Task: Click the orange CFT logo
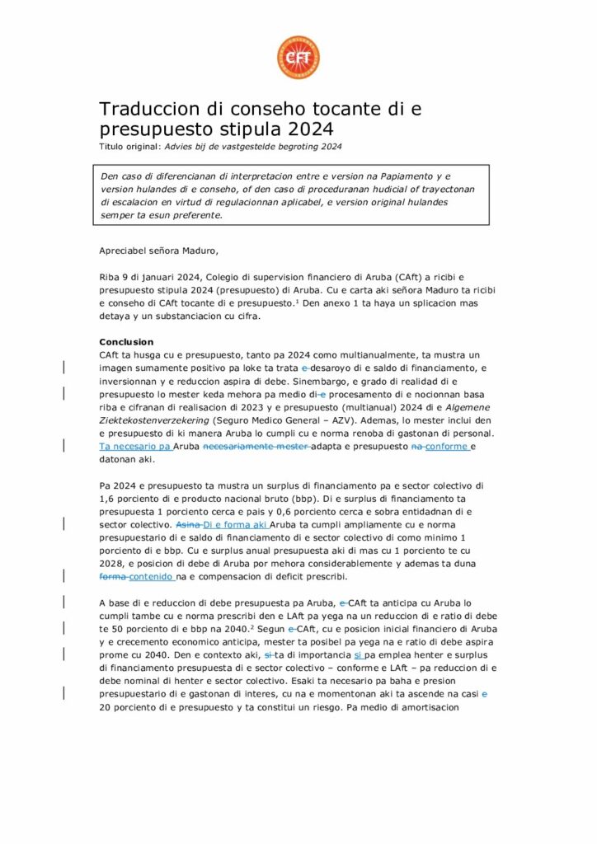[298, 58]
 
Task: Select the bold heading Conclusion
[126, 342]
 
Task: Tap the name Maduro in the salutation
[199, 251]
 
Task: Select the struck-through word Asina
[188, 524]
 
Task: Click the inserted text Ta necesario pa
[134, 446]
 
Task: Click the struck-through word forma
[112, 577]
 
